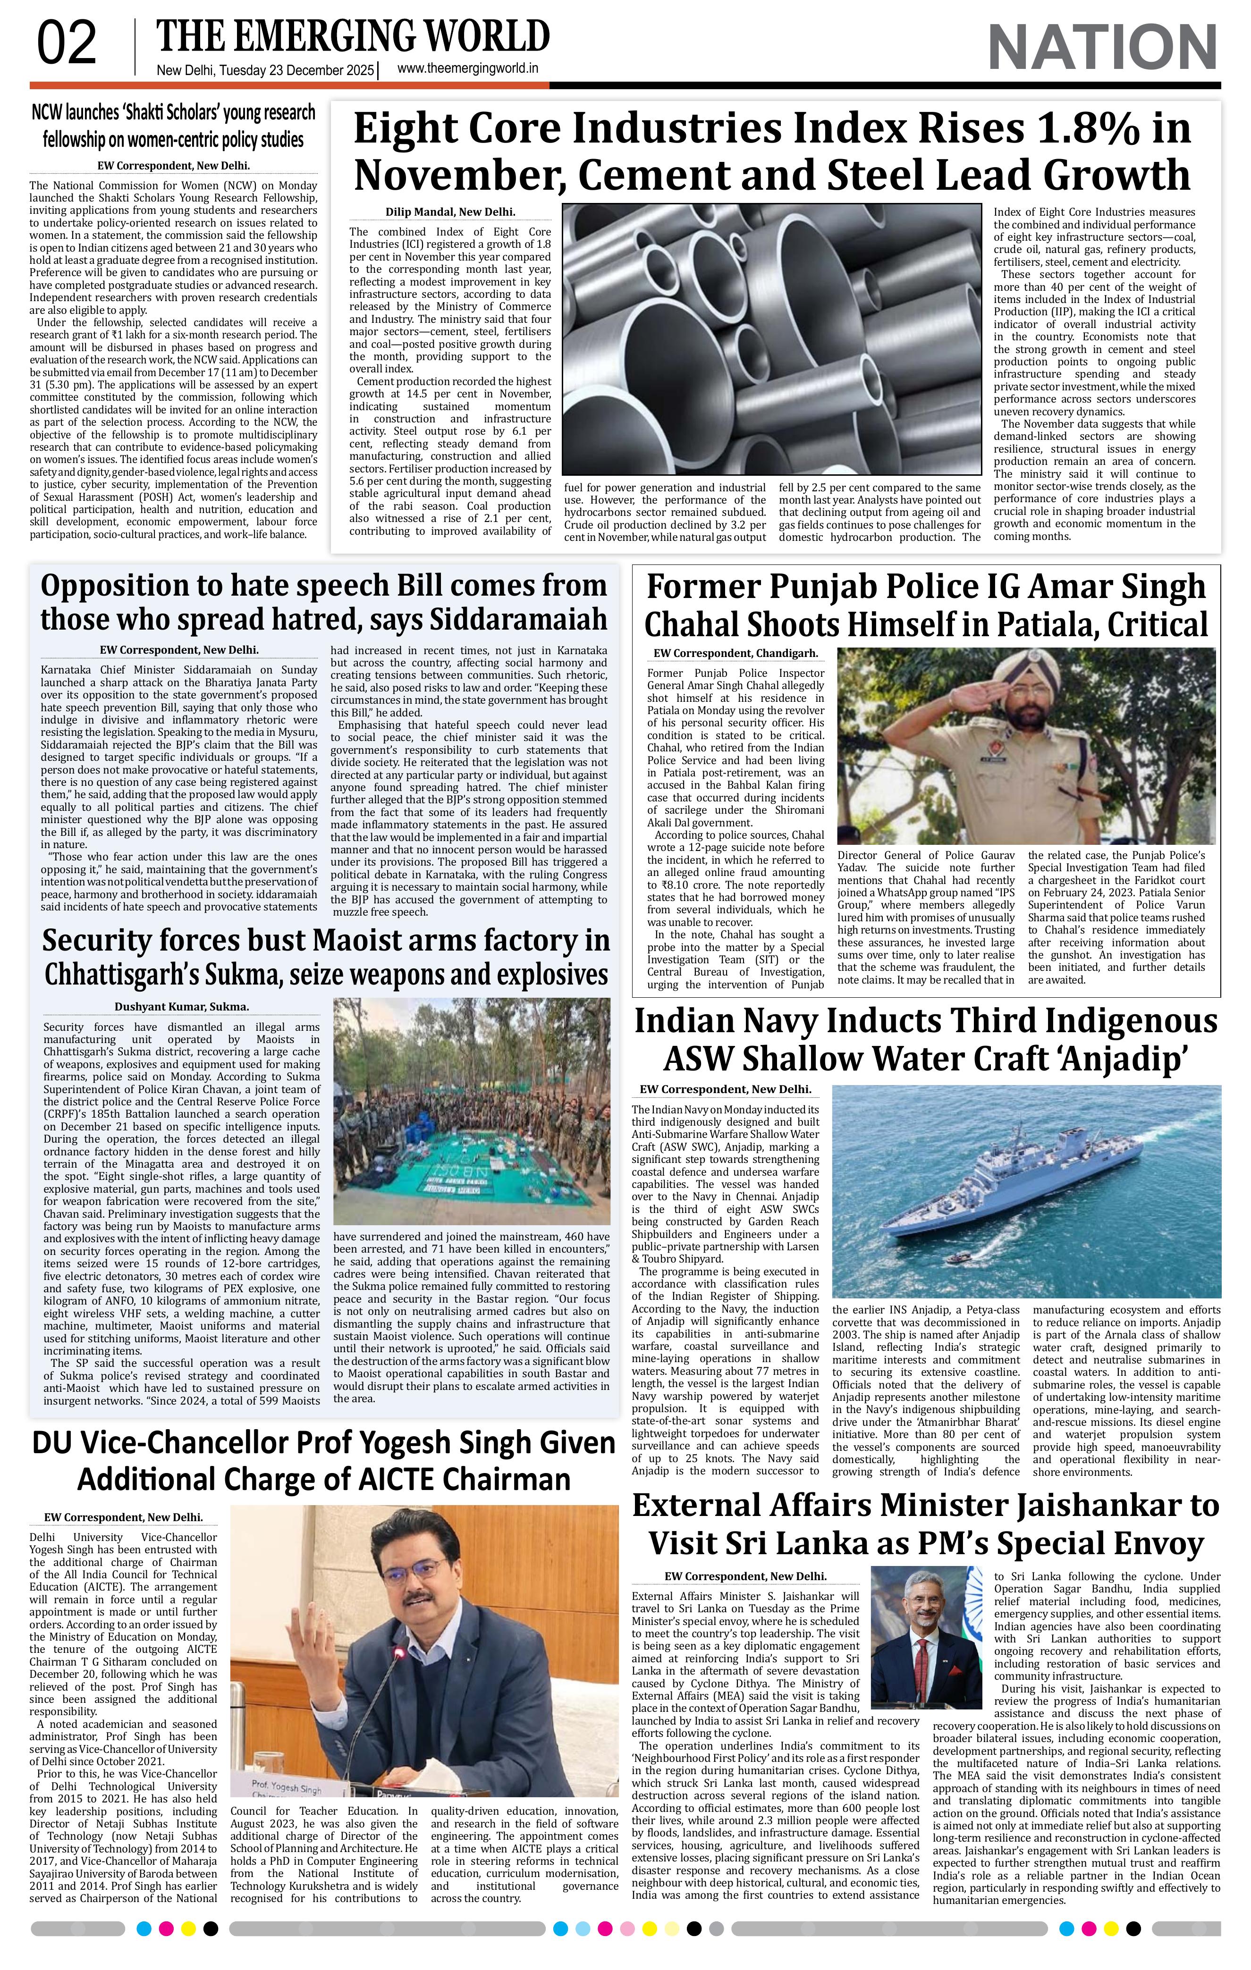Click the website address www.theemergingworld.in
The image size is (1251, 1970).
467,69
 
